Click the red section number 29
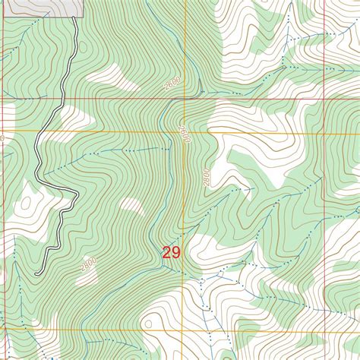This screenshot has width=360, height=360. pos(171,253)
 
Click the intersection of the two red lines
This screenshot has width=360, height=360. pos(327,99)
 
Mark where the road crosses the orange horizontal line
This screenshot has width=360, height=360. pos(37,131)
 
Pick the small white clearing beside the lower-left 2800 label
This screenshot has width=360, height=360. pos(131,205)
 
